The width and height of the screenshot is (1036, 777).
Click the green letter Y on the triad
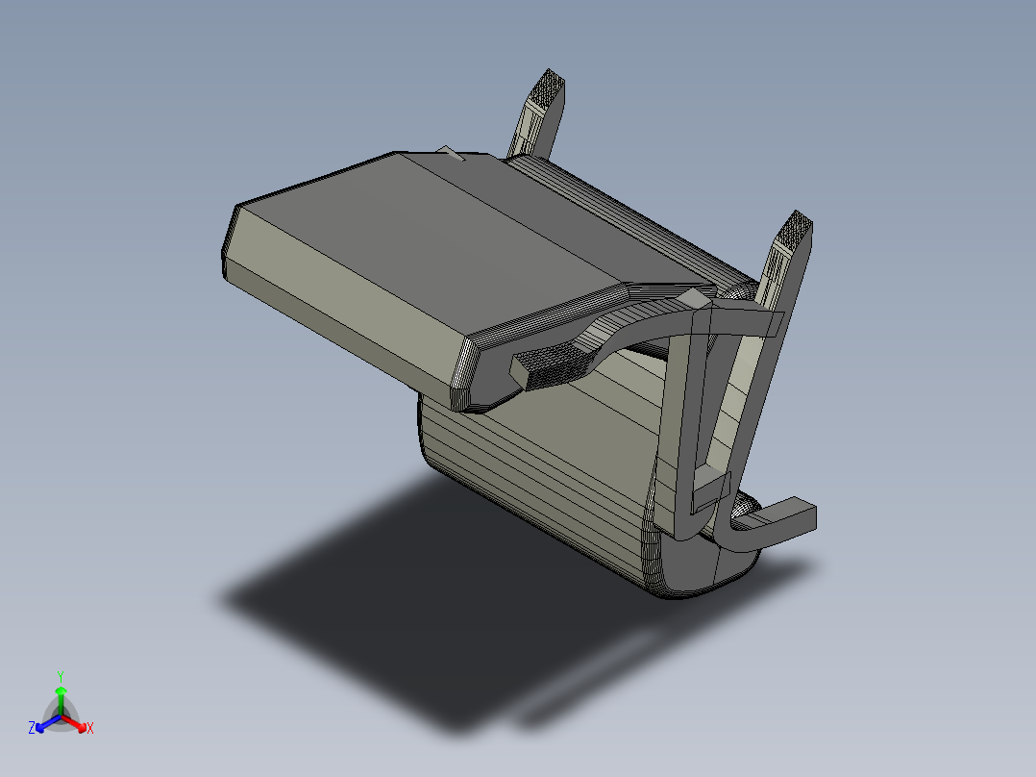(x=60, y=676)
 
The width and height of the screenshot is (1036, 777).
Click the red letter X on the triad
(x=90, y=729)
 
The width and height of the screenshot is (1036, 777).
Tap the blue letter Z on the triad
(x=32, y=729)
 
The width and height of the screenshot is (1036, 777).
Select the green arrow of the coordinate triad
(x=60, y=698)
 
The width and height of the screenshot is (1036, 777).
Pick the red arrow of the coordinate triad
(x=76, y=722)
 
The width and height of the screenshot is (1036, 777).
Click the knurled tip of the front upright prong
(x=797, y=232)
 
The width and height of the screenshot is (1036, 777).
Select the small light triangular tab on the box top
(x=450, y=152)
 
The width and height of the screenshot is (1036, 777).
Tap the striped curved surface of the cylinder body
(x=538, y=471)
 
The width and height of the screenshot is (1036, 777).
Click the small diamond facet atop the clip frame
(x=694, y=301)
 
